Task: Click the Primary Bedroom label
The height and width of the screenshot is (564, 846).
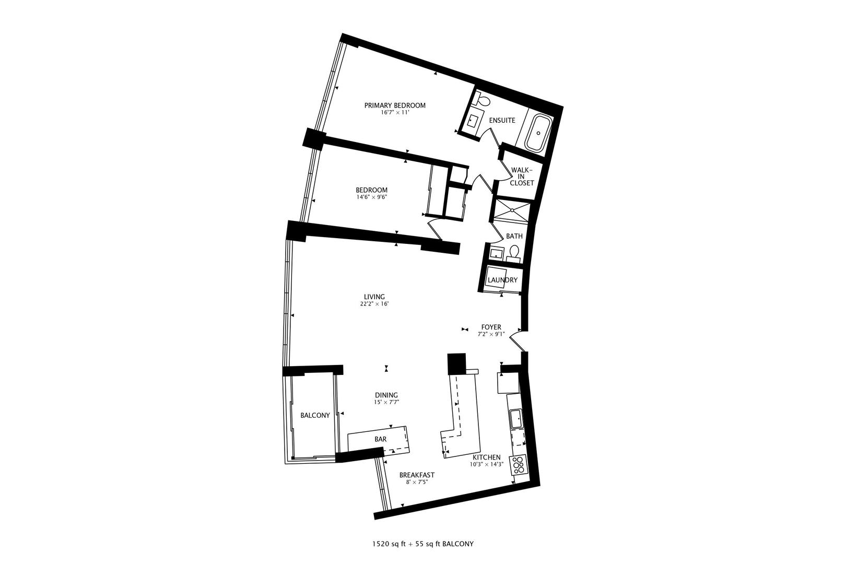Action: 395,105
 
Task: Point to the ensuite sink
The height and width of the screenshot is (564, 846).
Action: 473,121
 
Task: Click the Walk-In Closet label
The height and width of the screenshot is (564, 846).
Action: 522,177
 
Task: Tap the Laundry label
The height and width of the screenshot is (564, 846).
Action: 502,280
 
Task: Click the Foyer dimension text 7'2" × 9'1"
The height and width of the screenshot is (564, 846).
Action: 491,334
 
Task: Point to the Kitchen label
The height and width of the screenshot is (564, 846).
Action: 487,457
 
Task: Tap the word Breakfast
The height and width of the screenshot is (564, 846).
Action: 417,475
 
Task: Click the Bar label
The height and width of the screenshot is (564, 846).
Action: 380,439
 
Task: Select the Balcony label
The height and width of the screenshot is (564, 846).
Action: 315,415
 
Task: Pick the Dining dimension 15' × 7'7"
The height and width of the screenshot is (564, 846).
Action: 386,402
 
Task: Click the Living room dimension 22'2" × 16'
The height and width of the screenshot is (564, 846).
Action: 374,304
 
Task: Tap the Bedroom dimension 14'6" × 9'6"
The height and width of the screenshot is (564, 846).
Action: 371,197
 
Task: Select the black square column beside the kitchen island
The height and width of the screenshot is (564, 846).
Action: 456,363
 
